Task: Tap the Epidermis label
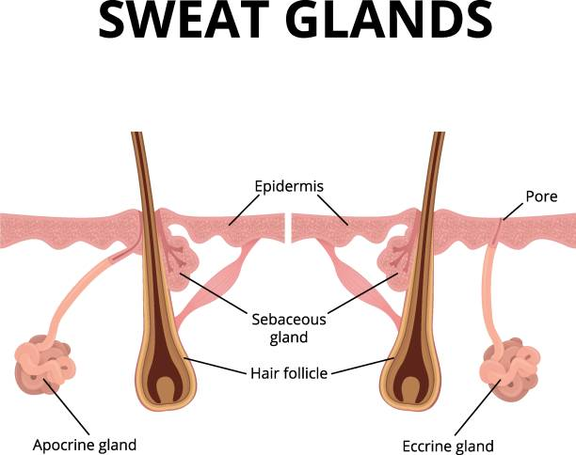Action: [289, 187]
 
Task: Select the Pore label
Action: [541, 196]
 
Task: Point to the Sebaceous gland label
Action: [289, 328]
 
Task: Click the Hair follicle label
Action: [289, 373]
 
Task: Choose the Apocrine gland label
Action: [85, 445]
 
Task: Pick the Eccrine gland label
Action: [448, 447]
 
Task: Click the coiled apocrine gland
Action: [44, 364]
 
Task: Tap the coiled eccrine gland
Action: [509, 369]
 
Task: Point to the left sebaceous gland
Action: [181, 261]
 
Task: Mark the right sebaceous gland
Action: [395, 261]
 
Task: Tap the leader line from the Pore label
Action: [512, 212]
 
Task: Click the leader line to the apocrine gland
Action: [67, 406]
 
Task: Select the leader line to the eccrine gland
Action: [478, 407]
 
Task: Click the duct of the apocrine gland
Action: [87, 287]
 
